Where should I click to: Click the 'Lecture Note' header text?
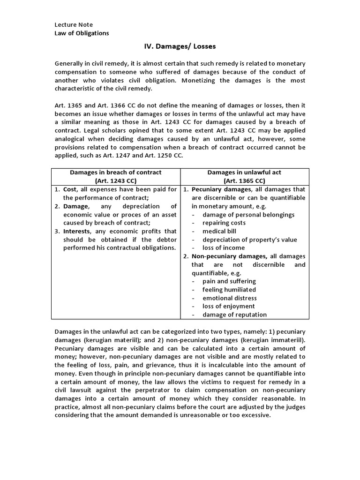pos(74,24)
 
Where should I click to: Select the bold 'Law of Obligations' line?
pos(82,33)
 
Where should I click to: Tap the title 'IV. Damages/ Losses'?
pos(180,47)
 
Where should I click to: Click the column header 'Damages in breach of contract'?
pos(115,172)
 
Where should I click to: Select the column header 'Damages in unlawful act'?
pos(244,172)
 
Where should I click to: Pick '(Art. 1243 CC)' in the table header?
pos(115,181)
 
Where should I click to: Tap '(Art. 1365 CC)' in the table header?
pos(244,181)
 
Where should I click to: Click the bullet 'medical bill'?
pos(219,231)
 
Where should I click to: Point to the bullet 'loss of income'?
pos(224,247)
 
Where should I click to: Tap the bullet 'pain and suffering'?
pos(229,281)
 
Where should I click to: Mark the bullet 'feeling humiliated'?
pos(229,290)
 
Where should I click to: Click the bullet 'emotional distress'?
pos(230,298)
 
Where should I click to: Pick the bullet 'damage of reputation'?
pos(234,315)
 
